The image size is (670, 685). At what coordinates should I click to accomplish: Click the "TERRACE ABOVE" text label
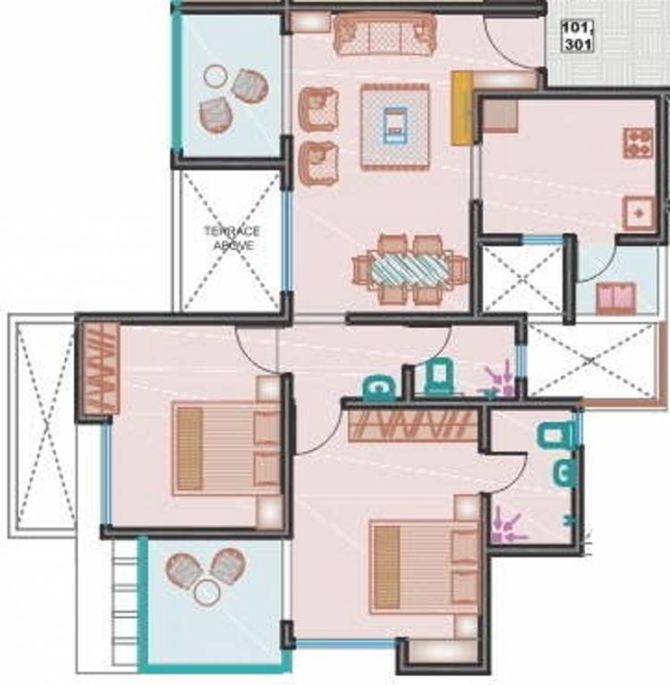pos(232,238)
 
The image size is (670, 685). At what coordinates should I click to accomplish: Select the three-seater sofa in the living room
pos(385,35)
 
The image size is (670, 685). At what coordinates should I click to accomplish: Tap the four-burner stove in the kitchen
pos(638,143)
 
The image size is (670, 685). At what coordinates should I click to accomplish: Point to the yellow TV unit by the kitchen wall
pos(461,108)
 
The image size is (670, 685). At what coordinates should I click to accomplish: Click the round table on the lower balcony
pos(208,588)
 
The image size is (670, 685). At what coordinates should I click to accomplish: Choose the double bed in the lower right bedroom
pos(426,566)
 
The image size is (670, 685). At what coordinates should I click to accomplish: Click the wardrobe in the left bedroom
pos(100,368)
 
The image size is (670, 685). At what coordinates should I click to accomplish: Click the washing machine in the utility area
pos(616,298)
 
